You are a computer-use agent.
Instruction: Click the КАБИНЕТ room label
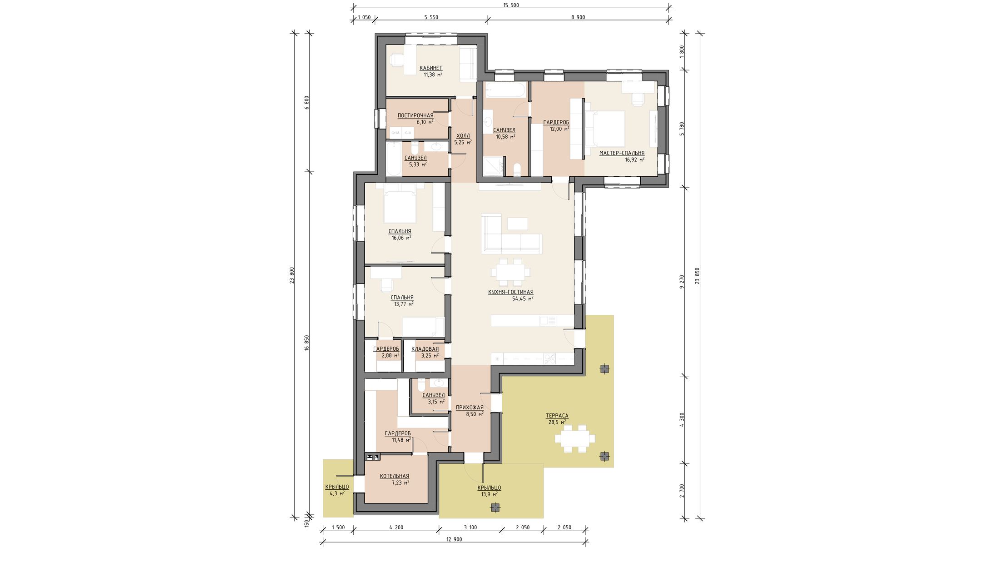point(430,68)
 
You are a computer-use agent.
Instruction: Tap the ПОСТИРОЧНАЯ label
point(415,115)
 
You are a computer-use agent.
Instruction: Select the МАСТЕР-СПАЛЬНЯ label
point(622,153)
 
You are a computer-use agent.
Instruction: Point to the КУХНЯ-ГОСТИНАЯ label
point(510,292)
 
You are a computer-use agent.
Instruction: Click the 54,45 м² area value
point(523,298)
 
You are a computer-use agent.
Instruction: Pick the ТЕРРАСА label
point(557,416)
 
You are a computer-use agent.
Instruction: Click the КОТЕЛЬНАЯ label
point(394,476)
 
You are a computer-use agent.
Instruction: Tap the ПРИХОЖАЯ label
point(470,408)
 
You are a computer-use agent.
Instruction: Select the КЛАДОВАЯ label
point(425,349)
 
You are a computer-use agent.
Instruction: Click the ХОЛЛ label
point(463,136)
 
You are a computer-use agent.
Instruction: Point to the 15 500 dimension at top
point(511,5)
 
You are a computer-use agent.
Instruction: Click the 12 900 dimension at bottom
point(454,539)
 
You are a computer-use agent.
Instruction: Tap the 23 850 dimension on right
point(697,276)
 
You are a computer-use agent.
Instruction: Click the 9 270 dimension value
point(681,282)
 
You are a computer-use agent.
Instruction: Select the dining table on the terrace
point(574,439)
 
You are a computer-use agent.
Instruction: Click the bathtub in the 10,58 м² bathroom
point(505,90)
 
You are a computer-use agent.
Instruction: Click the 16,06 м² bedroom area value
point(401,237)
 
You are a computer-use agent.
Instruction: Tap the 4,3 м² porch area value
point(337,493)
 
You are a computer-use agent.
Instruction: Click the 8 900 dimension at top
point(578,17)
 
